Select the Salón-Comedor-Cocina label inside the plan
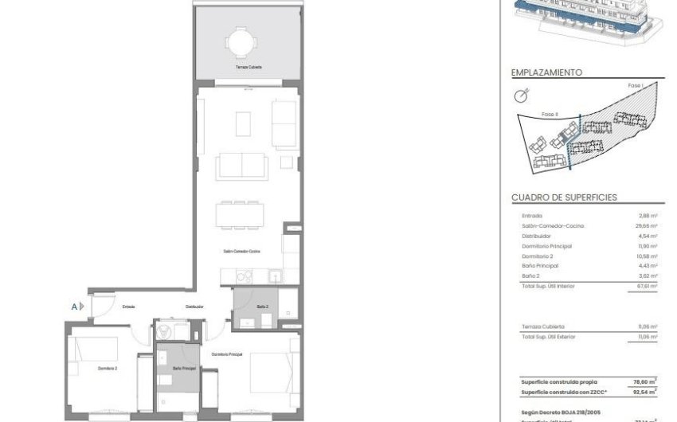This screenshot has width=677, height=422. coord(241,252)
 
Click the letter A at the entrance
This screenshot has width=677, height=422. coord(75,306)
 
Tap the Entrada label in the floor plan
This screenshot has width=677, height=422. coord(128,306)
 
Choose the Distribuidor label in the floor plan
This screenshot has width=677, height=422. coord(195,306)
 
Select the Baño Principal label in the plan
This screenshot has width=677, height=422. coord(184,369)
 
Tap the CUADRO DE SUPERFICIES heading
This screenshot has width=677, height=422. coord(564,197)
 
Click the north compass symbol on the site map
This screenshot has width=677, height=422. coord(522,96)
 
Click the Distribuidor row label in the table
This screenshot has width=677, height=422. coord(536,236)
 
